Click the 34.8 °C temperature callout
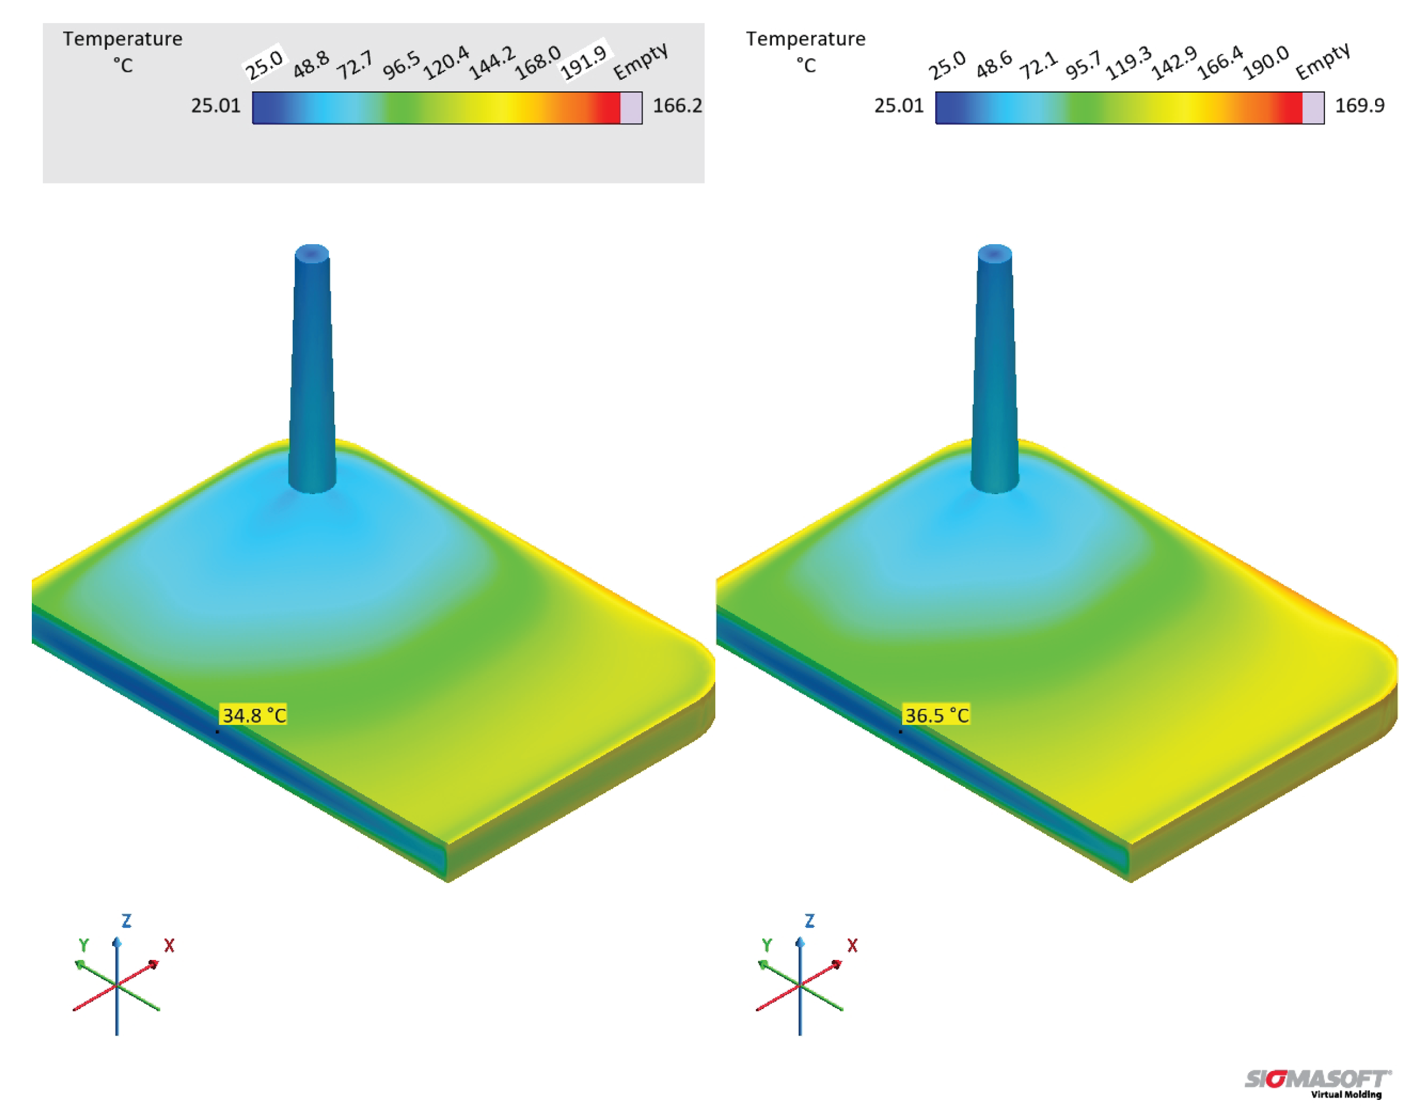254,715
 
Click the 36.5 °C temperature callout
936,715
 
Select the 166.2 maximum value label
677,105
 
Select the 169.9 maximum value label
1360,105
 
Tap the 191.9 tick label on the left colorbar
583,60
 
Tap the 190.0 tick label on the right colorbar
1266,62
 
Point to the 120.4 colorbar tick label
446,62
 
